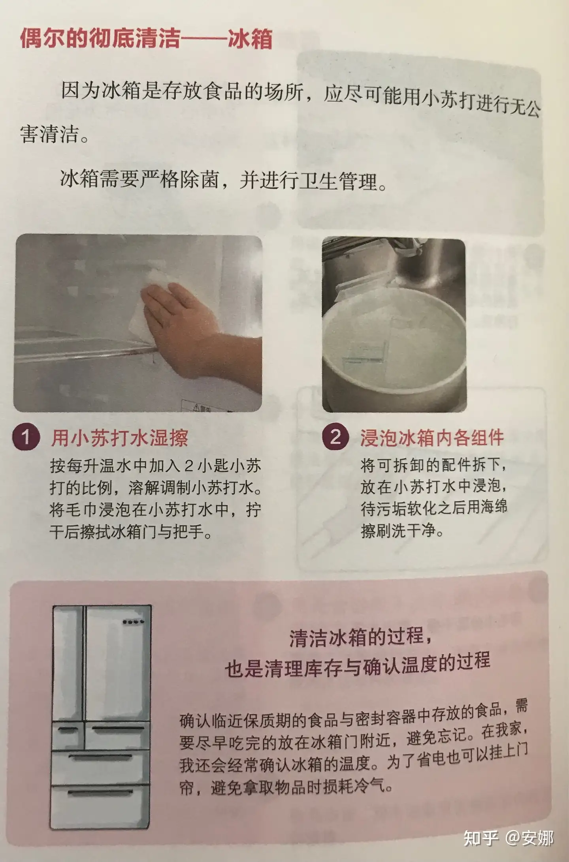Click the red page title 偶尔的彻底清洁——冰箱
pyautogui.click(x=146, y=39)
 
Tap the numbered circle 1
pyautogui.click(x=26, y=437)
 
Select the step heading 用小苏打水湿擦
pyautogui.click(x=120, y=438)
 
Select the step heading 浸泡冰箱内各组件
pyautogui.click(x=432, y=438)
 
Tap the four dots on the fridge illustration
pyautogui.click(x=133, y=622)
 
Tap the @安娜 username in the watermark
pyautogui.click(x=530, y=838)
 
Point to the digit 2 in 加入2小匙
pyautogui.click(x=189, y=466)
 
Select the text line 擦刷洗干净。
pyautogui.click(x=402, y=530)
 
